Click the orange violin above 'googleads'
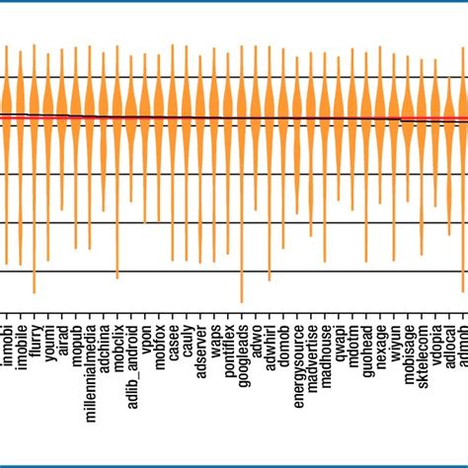click(x=243, y=118)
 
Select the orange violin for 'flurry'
click(x=35, y=118)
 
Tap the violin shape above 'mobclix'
click(x=117, y=118)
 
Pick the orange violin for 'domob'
click(x=284, y=118)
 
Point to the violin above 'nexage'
click(x=381, y=118)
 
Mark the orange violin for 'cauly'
click(x=188, y=118)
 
